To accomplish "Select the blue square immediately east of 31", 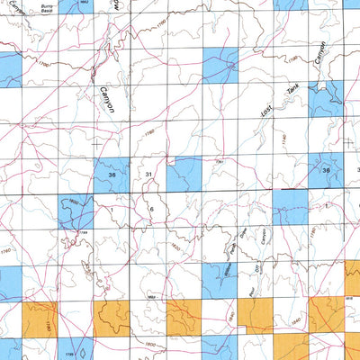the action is [x=184, y=173].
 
